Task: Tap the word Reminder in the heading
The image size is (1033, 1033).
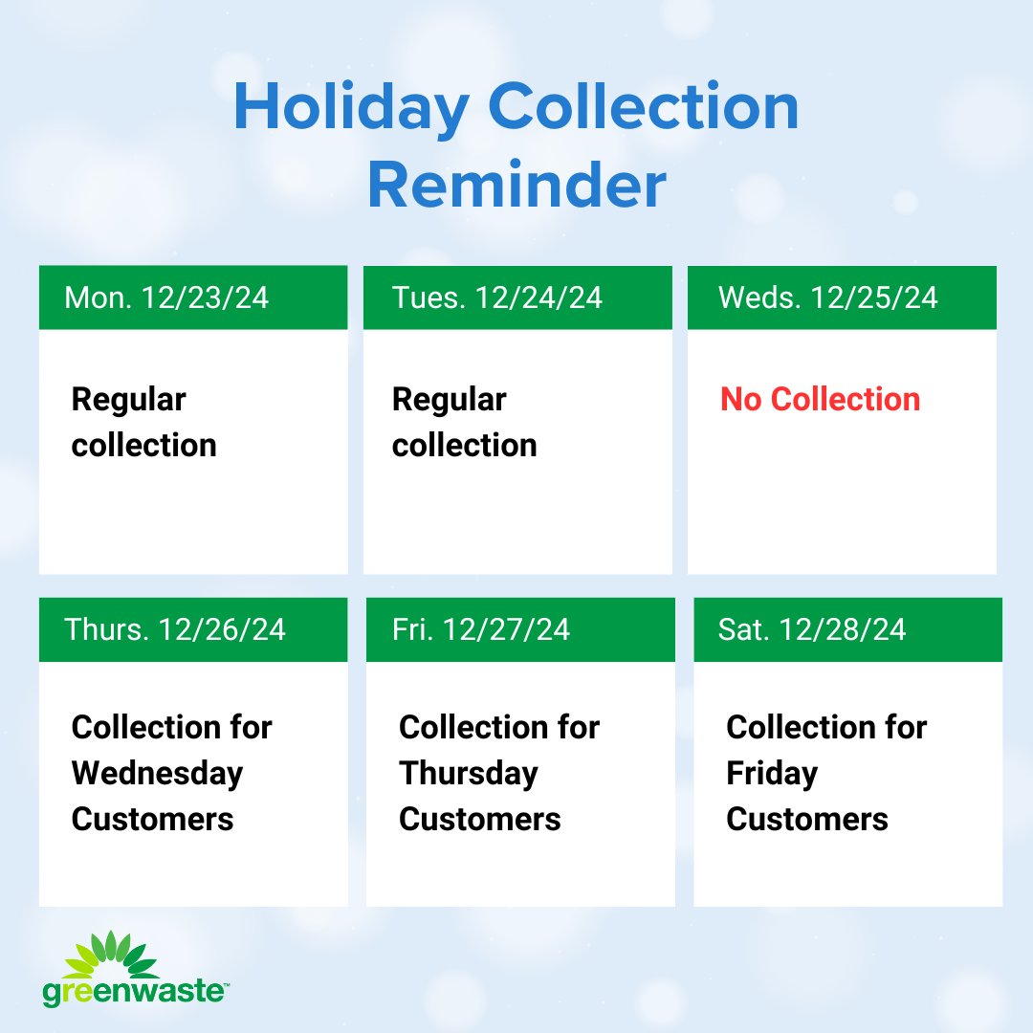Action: (516, 187)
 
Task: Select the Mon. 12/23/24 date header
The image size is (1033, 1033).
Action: (166, 297)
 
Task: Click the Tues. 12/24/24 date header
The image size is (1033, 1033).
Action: (497, 297)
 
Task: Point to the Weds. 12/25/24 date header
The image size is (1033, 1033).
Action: (828, 297)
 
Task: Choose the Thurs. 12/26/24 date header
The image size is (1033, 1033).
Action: (175, 629)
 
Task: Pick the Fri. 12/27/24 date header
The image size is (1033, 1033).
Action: (481, 629)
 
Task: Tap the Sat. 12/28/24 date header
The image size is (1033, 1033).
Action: (812, 629)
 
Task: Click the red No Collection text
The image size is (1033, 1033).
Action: (821, 399)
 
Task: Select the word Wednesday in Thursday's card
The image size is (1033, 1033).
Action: (158, 773)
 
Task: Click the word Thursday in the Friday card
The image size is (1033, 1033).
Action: (469, 773)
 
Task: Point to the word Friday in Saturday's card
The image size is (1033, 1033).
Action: (772, 773)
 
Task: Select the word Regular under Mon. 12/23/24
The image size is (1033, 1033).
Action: (129, 399)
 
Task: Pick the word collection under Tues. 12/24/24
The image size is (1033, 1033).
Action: (465, 446)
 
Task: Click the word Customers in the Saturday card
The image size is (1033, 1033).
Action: (807, 819)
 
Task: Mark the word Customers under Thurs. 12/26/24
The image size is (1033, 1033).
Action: (153, 819)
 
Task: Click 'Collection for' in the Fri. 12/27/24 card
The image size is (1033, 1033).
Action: (499, 727)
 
